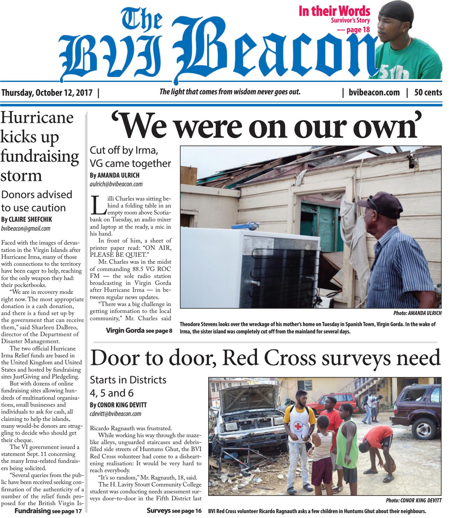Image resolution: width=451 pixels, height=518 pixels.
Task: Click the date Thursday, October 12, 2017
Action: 47,93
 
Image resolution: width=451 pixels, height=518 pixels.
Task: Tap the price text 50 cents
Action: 428,93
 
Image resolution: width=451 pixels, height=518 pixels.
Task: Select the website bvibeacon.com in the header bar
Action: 374,93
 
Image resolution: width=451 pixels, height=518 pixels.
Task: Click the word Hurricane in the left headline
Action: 37,118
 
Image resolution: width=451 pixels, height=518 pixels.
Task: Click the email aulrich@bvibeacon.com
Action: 116,184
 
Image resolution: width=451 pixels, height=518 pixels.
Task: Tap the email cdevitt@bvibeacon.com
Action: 115,413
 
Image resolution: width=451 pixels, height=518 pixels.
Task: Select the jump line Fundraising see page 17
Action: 48,511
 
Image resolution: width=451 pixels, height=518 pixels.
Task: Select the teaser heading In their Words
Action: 334,11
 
